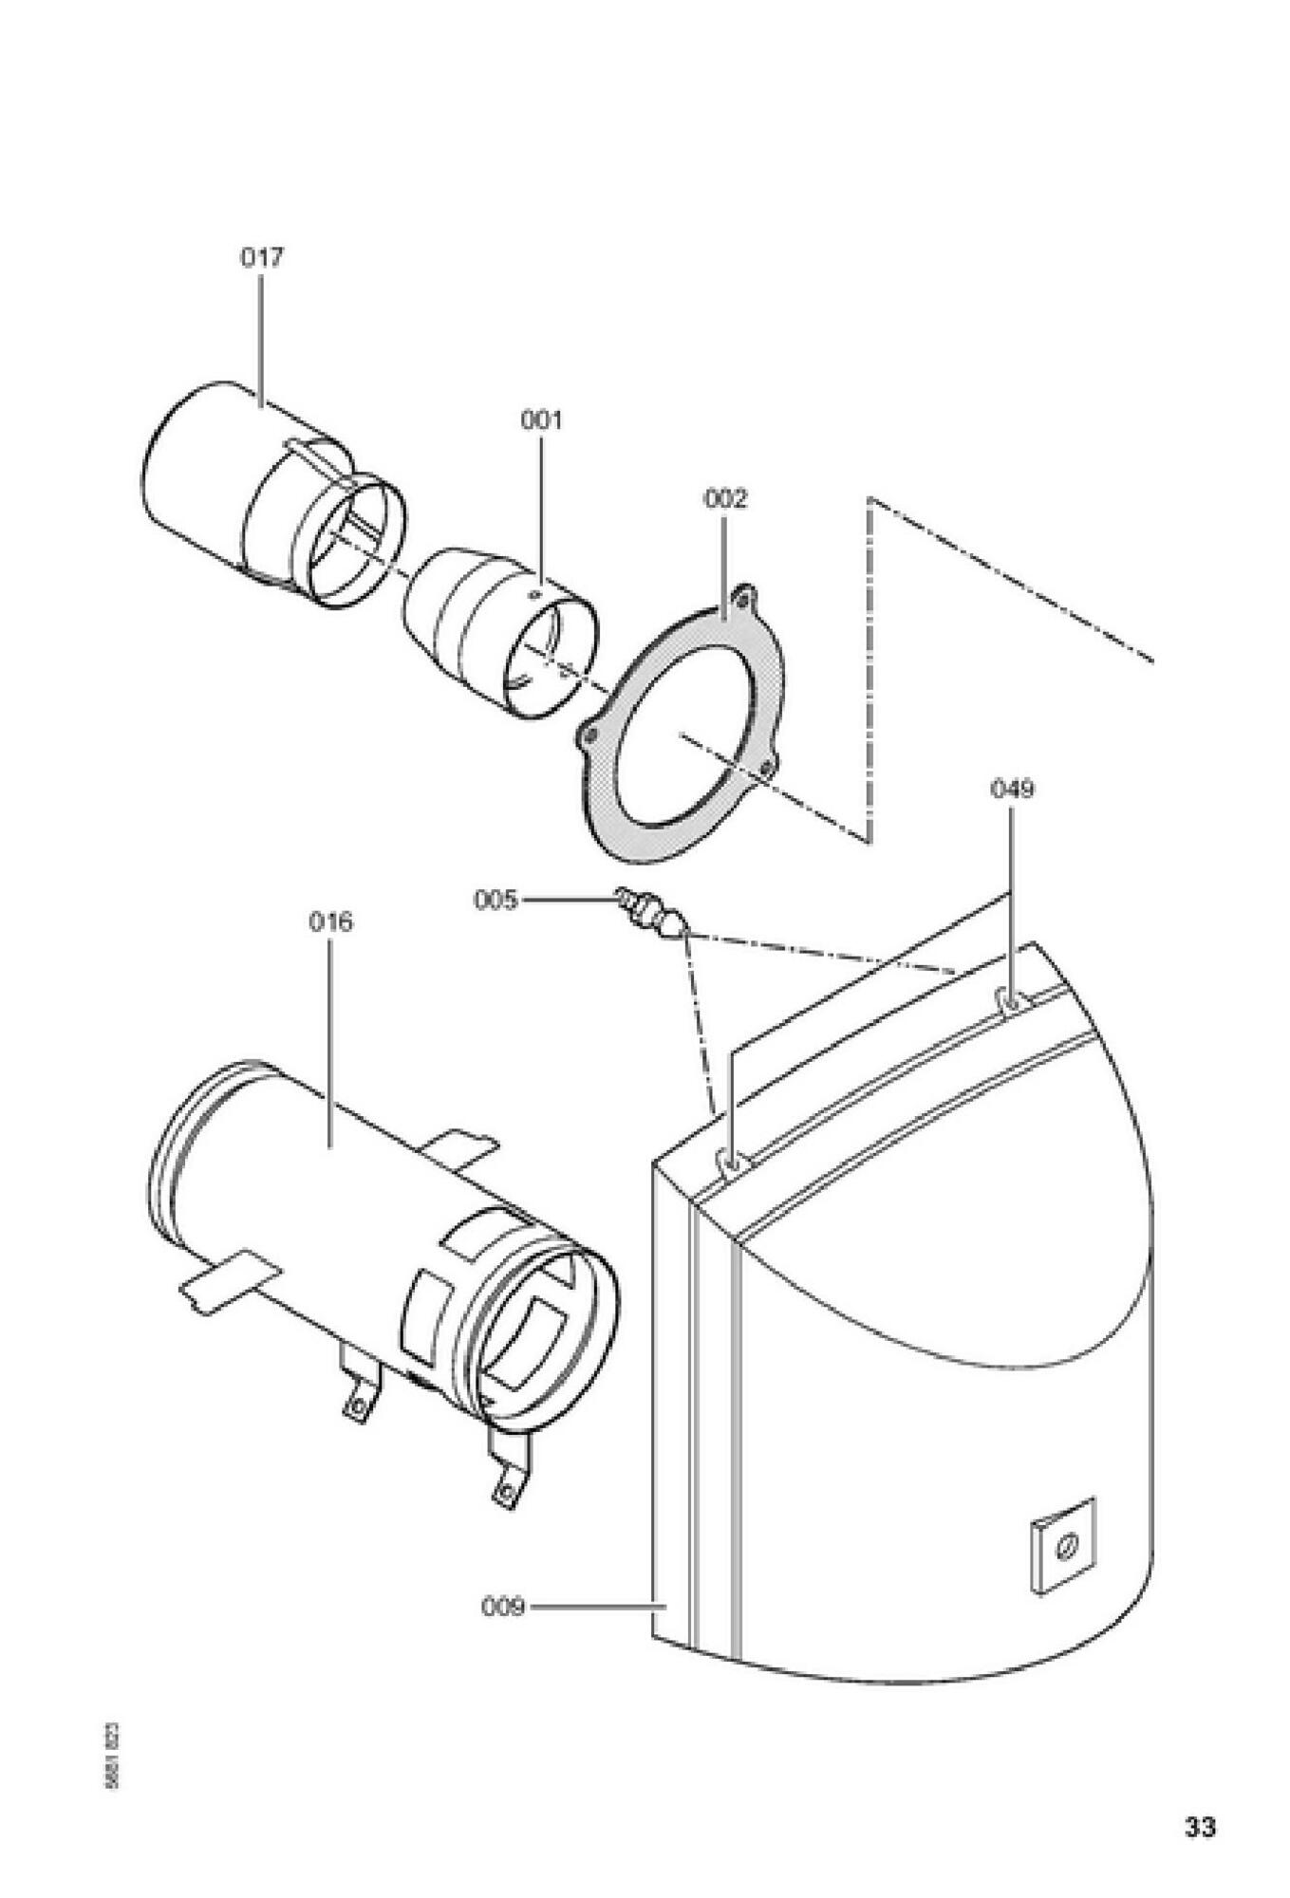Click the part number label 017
(261, 257)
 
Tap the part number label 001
(541, 419)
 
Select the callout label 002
(725, 498)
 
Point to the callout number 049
(1013, 789)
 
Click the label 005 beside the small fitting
(495, 899)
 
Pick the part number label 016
(330, 921)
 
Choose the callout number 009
(502, 1607)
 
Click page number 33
(1200, 1826)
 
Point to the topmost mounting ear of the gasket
(746, 598)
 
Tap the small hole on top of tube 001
(533, 594)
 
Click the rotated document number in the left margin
(112, 1755)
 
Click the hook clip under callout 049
(1010, 998)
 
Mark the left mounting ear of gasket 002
(589, 735)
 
